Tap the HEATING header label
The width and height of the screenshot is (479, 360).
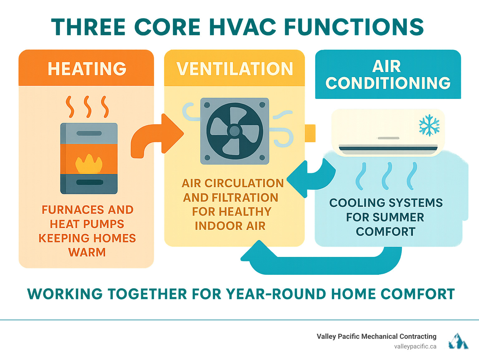point(87,69)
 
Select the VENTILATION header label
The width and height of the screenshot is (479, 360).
point(235,69)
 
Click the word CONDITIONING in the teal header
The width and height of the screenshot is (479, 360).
point(388,83)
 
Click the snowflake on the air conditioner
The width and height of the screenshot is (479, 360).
point(429,125)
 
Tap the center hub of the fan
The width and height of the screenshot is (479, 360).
point(234,131)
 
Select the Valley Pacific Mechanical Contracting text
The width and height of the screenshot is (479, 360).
point(376,336)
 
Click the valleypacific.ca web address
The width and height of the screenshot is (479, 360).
point(415,346)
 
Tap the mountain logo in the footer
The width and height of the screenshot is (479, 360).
point(458,341)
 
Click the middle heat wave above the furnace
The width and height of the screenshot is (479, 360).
point(88,107)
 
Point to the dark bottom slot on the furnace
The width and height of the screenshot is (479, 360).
point(89,182)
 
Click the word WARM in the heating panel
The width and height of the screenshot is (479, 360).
point(87,252)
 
